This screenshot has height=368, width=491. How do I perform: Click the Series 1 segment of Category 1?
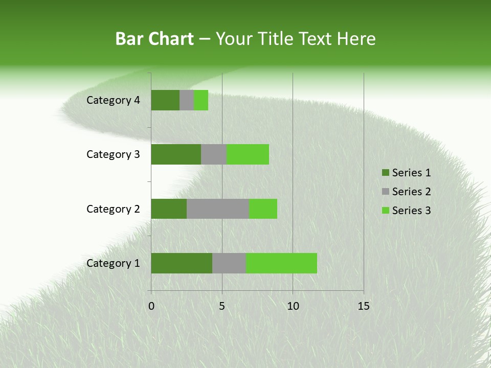tap(182, 263)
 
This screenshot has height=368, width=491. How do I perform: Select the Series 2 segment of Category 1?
tap(229, 263)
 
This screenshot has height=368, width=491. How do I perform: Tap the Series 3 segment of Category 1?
tap(281, 263)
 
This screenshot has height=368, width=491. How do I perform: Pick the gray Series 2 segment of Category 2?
tap(218, 209)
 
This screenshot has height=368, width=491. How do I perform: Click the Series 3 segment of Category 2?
tap(263, 209)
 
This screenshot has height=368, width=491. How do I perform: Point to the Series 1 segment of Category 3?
tap(176, 154)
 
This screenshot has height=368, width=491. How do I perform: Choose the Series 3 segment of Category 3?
tap(248, 154)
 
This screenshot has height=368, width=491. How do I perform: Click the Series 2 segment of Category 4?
tap(187, 100)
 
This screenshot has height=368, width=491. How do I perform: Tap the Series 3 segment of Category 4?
tap(201, 100)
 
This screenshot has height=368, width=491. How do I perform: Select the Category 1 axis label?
tap(113, 263)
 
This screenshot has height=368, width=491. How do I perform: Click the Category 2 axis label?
tap(113, 209)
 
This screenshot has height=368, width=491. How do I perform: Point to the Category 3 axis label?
tap(113, 154)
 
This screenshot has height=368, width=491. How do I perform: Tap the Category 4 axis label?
tap(113, 100)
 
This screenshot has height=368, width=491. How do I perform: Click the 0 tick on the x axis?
tap(151, 306)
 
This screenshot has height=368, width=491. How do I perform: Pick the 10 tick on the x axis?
tap(293, 306)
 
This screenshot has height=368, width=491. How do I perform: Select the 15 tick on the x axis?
tap(364, 306)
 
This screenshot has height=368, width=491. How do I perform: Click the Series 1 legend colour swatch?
tap(385, 173)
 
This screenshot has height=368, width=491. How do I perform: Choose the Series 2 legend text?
tap(411, 192)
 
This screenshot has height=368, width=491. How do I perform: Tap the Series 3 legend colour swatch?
tap(385, 211)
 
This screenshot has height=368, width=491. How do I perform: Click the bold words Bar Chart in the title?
tap(154, 39)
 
